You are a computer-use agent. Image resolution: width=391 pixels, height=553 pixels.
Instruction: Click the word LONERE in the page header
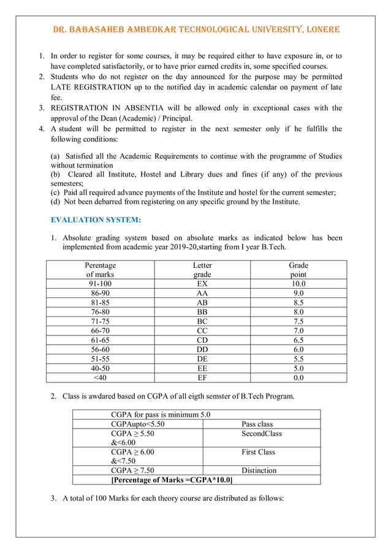click(316, 29)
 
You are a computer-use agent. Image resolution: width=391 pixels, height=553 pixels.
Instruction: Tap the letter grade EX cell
click(202, 284)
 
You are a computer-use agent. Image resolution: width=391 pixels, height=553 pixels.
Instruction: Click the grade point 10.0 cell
click(298, 284)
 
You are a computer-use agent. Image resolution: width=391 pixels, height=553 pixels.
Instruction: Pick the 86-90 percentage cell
click(101, 294)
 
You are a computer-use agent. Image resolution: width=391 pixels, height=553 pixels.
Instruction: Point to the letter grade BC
click(202, 321)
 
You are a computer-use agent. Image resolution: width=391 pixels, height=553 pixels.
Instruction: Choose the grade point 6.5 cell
click(298, 340)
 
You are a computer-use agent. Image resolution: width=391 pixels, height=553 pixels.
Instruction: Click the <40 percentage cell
click(101, 377)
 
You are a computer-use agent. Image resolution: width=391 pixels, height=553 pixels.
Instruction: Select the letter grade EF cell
click(202, 377)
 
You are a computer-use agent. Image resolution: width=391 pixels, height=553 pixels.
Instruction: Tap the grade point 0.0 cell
click(298, 377)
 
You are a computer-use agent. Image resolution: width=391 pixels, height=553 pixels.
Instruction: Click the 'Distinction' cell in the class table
click(259, 470)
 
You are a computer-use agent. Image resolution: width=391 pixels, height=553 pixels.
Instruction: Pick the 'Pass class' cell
click(257, 424)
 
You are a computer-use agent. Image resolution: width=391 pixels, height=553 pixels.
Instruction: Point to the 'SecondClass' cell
click(262, 433)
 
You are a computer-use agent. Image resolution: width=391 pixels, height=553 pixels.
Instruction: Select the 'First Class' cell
click(259, 452)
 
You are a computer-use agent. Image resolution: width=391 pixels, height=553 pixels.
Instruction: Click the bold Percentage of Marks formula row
click(171, 479)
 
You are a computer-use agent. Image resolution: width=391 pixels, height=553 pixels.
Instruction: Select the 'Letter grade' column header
click(202, 270)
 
